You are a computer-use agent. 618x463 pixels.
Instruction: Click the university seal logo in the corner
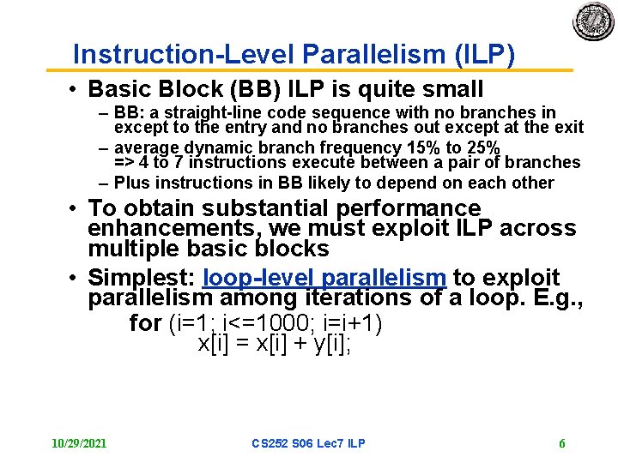tap(593, 21)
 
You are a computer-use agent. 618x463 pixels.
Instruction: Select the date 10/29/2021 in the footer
tap(79, 443)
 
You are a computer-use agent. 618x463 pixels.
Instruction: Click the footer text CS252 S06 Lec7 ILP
tap(308, 443)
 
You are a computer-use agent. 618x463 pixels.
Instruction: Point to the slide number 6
tap(561, 443)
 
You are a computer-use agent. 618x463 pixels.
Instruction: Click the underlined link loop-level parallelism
tap(324, 278)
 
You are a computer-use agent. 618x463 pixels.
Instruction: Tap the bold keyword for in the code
tap(145, 323)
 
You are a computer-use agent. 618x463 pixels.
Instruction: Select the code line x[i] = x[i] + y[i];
tap(275, 344)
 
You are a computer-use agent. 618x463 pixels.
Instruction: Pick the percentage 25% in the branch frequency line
tap(479, 147)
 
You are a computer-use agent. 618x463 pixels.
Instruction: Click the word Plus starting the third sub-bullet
tap(131, 183)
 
